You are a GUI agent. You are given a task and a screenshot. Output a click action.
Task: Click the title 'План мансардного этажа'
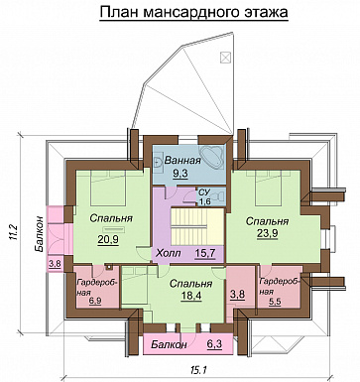(x=193, y=12)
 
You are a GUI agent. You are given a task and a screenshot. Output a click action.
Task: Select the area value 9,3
(x=180, y=174)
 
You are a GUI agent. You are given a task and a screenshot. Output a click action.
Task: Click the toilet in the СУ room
(x=218, y=194)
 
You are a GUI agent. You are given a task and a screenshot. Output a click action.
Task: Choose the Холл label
(x=169, y=254)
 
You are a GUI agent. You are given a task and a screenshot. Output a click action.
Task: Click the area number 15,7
(x=204, y=253)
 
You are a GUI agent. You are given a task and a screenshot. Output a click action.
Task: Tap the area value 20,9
(x=108, y=239)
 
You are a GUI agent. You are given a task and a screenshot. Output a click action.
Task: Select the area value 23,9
(x=267, y=233)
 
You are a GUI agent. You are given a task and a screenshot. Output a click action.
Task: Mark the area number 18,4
(x=191, y=296)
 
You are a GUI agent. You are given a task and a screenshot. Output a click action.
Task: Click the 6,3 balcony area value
(x=214, y=344)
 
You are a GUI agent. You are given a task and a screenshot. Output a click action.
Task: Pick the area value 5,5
(x=275, y=302)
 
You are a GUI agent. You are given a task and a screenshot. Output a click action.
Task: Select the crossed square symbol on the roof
(x=225, y=58)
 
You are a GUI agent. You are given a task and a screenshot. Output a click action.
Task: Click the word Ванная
(x=182, y=161)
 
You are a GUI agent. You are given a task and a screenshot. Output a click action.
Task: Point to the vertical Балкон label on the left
(x=39, y=234)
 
